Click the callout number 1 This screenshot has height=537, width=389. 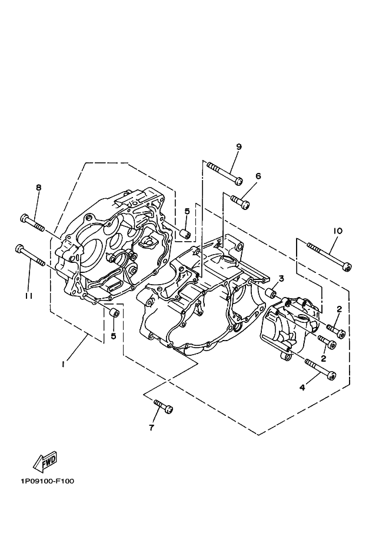(x=63, y=364)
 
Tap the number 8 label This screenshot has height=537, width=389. (x=39, y=188)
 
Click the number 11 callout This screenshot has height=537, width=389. (x=29, y=296)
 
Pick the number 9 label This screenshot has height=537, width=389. (x=239, y=147)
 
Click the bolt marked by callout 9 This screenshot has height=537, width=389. (x=224, y=174)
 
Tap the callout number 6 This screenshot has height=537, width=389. (x=258, y=176)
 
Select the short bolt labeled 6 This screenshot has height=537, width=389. (x=240, y=202)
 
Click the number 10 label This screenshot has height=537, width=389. (x=337, y=231)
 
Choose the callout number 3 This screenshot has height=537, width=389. (x=281, y=278)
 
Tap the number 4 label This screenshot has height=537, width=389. (x=302, y=387)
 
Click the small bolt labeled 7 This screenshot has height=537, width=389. (x=162, y=405)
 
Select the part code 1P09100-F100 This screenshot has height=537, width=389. (x=47, y=481)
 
